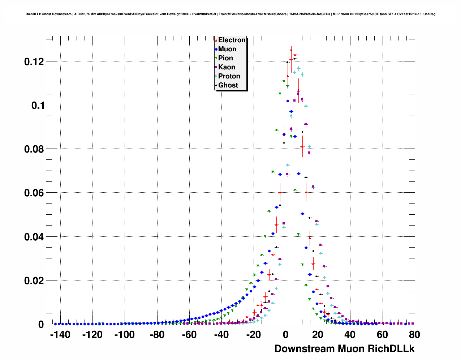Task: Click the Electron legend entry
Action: pos(232,40)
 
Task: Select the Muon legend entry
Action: pos(227,49)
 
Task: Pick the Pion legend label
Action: pos(225,58)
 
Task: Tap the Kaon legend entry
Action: pos(227,67)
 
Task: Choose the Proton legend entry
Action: pos(229,76)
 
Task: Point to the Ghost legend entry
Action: pos(228,85)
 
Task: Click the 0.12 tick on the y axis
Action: pos(34,62)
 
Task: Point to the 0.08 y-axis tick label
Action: pos(34,149)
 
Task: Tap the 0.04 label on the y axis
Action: pos(34,237)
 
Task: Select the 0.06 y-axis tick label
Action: pos(34,193)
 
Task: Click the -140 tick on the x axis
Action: pos(60,335)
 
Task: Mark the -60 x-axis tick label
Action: pos(189,335)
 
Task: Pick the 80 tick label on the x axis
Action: pos(414,335)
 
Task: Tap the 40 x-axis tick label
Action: pos(350,335)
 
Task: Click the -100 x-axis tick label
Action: pos(124,335)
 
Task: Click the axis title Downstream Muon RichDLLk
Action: pos(344,349)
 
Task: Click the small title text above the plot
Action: pos(231,14)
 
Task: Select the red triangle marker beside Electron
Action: pos(216,40)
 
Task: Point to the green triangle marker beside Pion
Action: pos(216,58)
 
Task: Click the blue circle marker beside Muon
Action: pos(216,49)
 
